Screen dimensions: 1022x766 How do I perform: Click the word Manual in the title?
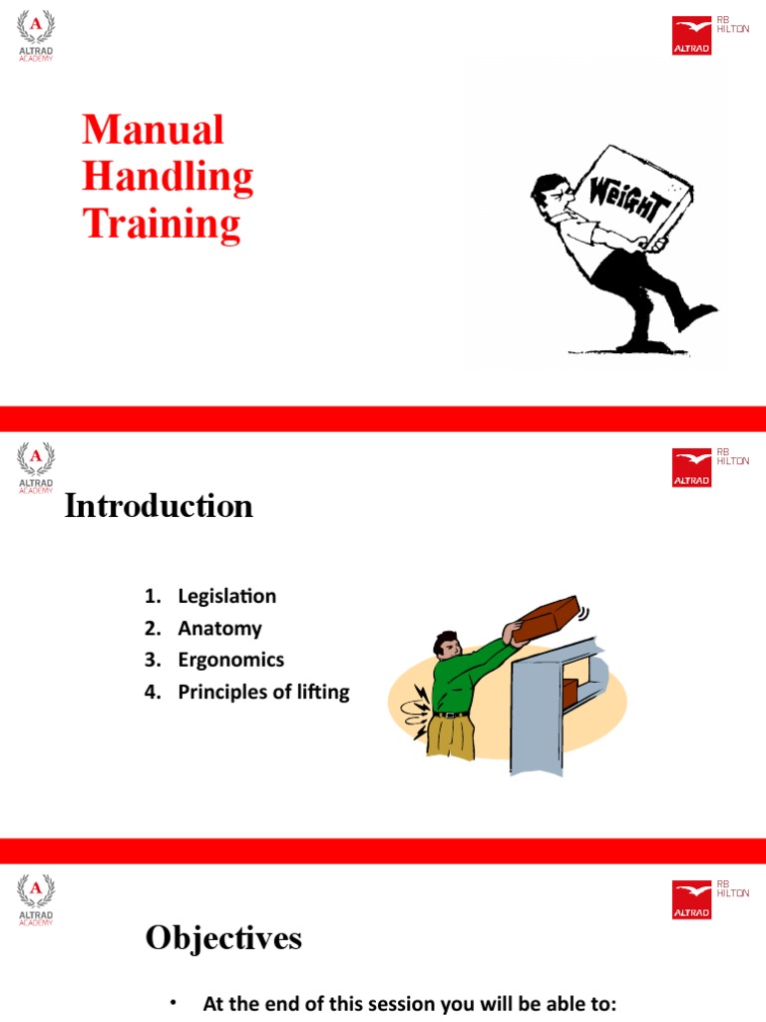pyautogui.click(x=153, y=130)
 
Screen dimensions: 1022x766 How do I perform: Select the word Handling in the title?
pyautogui.click(x=168, y=177)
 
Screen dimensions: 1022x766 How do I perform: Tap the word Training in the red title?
pyautogui.click(x=162, y=223)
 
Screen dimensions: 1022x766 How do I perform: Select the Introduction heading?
pyautogui.click(x=159, y=507)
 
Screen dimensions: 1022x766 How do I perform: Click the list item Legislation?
pyautogui.click(x=226, y=596)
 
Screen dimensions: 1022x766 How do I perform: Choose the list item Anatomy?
pyautogui.click(x=219, y=628)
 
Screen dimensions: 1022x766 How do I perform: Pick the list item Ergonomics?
pyautogui.click(x=230, y=660)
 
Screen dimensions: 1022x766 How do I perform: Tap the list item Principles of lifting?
pyautogui.click(x=263, y=692)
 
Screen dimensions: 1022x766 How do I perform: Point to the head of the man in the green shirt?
pyautogui.click(x=447, y=645)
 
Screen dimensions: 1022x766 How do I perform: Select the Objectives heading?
pyautogui.click(x=223, y=938)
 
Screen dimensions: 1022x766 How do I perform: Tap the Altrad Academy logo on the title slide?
pyautogui.click(x=36, y=36)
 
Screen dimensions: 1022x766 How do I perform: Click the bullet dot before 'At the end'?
pyautogui.click(x=173, y=1002)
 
